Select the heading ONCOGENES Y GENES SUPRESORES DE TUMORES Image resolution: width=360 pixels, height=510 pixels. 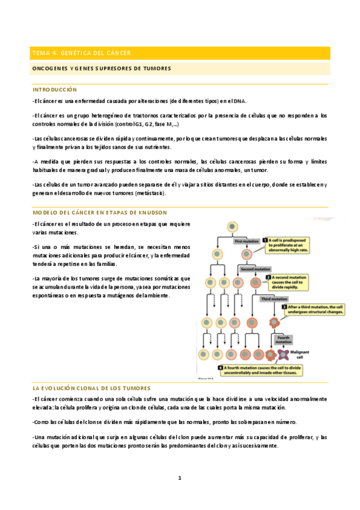(101, 69)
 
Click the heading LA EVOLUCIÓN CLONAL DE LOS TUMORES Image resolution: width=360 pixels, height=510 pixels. (91, 388)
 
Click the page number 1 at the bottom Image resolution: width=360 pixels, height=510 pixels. (179, 478)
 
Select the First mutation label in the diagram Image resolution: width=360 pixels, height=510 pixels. (247, 241)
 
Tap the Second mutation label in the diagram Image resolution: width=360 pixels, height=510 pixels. (255, 269)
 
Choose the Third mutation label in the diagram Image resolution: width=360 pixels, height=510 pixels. (273, 298)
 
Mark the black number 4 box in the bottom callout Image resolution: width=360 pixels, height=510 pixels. (221, 367)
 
